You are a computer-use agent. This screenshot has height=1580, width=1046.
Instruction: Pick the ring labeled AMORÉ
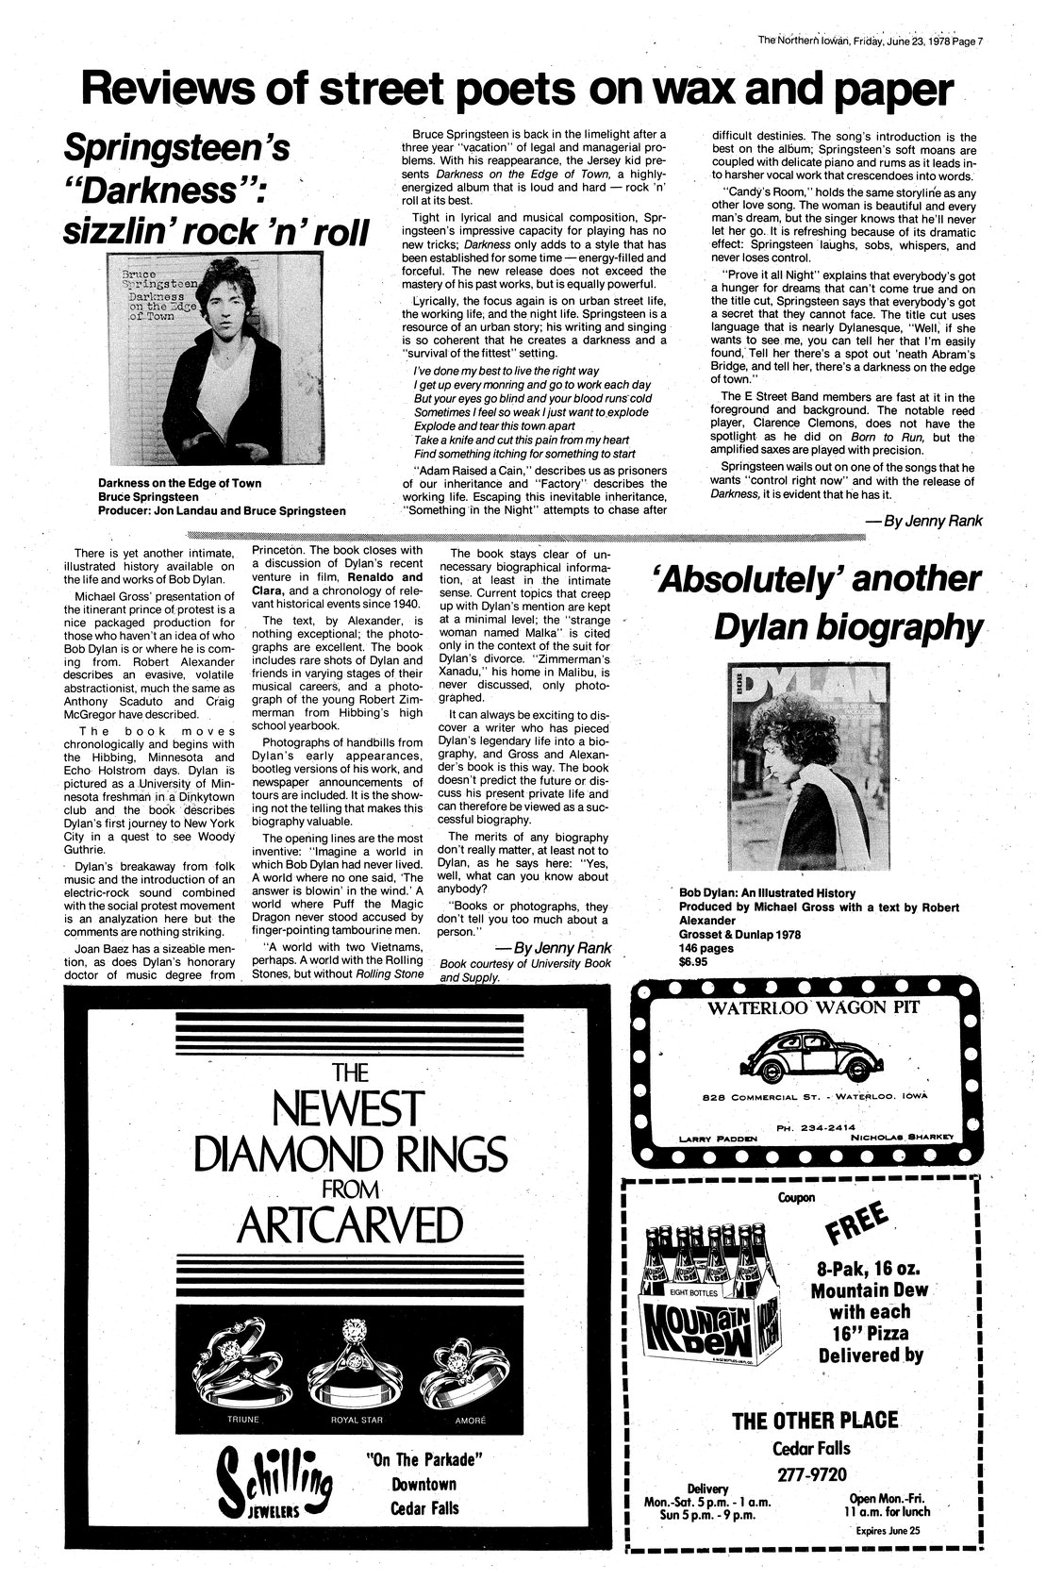click(x=460, y=1363)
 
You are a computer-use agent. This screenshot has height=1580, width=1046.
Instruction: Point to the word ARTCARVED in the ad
click(x=350, y=1225)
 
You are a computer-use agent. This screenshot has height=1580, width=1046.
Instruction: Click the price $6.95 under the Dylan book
click(x=693, y=962)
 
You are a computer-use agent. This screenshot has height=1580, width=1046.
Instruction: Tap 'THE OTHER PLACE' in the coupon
click(x=815, y=1421)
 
